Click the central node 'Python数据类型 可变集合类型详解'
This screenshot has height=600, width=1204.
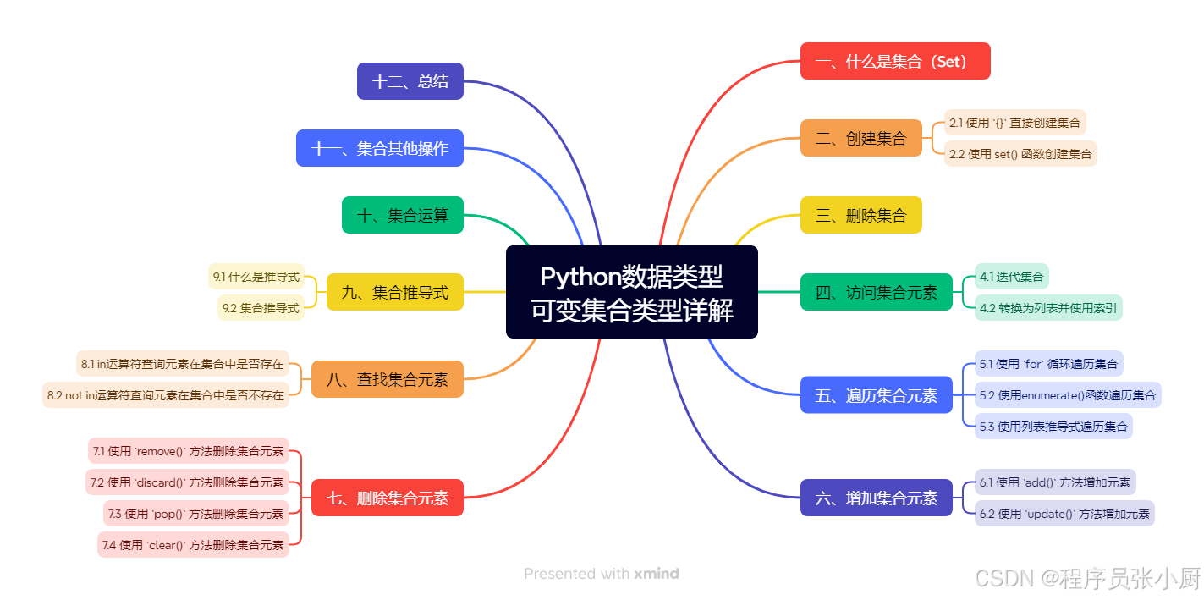631,292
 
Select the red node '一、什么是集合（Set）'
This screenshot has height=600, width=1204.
895,61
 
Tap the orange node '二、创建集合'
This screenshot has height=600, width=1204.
860,138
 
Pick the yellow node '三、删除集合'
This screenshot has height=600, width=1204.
860,215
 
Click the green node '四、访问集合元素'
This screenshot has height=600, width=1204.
876,292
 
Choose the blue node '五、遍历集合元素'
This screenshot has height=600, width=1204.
876,394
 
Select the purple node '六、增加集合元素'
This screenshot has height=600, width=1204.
876,498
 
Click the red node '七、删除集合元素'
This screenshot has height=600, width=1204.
388,498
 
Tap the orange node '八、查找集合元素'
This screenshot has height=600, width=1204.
388,379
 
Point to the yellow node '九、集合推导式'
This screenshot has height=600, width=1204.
394,292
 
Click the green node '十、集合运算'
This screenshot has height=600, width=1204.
402,215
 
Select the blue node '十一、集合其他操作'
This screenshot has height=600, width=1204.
379,148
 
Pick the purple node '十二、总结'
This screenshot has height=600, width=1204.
410,81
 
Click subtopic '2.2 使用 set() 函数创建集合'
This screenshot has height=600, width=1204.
1020,154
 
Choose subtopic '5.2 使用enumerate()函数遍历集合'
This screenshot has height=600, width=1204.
1067,394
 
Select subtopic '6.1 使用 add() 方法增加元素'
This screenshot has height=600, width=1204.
1054,482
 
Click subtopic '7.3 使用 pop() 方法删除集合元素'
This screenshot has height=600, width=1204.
195,513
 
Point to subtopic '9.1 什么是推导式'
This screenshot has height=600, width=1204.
256,277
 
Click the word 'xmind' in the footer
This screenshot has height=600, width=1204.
657,574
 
